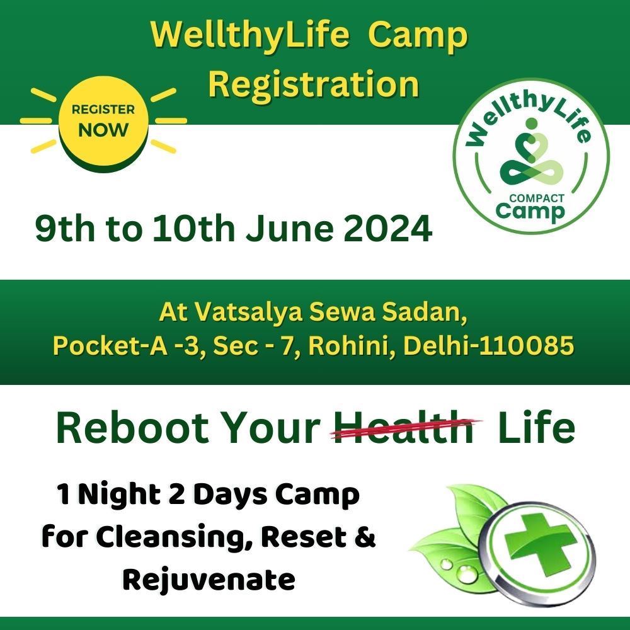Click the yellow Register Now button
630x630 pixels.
tap(104, 122)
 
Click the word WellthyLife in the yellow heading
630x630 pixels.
tap(250, 35)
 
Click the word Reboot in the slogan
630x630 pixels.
tap(132, 428)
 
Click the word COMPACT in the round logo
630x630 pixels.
tap(537, 198)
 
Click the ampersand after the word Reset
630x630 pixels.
tap(365, 537)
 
